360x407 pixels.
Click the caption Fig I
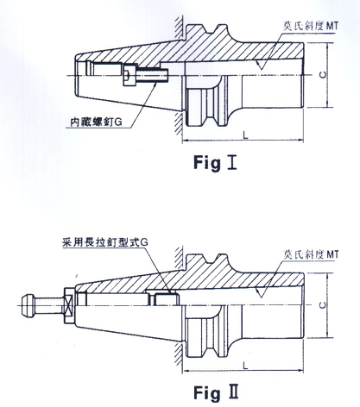tap(215, 163)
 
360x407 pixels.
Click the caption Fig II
tap(216, 392)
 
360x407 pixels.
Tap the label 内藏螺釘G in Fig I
tap(97, 122)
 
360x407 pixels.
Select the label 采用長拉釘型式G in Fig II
tap(105, 242)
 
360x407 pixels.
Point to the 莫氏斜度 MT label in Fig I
tap(311, 26)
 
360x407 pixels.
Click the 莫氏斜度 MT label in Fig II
tap(311, 254)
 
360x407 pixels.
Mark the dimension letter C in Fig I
tap(323, 75)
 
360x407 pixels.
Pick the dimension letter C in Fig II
tap(323, 305)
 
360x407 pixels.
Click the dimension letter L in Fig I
tap(245, 135)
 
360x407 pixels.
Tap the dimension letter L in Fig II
tap(245, 366)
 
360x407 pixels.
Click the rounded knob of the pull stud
tap(28, 305)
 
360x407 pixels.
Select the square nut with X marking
tap(69, 305)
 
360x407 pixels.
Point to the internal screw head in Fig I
tap(129, 75)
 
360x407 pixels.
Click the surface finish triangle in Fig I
tap(261, 65)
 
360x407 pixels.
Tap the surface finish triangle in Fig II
tap(261, 293)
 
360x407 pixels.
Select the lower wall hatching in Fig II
tap(179, 355)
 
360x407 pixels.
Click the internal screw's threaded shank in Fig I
tap(151, 75)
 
